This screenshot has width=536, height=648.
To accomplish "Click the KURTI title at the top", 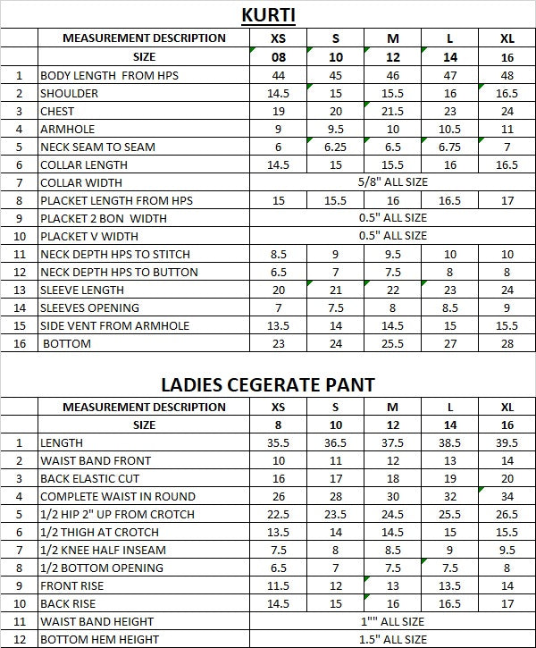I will click(267, 14).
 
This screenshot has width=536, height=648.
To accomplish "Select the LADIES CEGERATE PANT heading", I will click(268, 384).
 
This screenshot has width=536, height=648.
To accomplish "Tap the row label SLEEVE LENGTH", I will click(83, 290).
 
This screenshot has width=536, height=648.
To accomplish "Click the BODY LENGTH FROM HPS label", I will click(109, 75).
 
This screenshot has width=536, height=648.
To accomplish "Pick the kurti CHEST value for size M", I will click(392, 111).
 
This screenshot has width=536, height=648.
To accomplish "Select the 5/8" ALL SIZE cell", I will click(392, 182).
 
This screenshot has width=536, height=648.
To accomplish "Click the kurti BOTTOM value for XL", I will click(507, 343).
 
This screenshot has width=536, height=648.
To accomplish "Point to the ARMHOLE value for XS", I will click(278, 129).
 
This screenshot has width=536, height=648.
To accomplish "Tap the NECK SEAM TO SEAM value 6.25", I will click(336, 147).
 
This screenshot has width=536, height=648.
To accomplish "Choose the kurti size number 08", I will click(278, 57).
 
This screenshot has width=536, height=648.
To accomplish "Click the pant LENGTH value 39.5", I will click(507, 442).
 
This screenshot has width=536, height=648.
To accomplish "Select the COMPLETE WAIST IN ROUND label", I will click(117, 496).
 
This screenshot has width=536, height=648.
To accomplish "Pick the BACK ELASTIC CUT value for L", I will click(449, 478).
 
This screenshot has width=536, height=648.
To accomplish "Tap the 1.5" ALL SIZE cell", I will click(392, 639).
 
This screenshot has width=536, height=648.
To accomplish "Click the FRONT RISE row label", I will click(71, 585).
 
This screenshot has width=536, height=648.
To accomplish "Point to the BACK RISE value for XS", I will click(278, 603).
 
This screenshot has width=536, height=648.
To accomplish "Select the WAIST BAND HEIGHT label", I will click(96, 621).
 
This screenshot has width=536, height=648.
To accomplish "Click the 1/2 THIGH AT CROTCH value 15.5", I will click(507, 532).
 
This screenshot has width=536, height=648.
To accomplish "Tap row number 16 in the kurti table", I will click(19, 343).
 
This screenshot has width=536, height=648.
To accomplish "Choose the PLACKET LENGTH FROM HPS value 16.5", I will click(449, 200).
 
